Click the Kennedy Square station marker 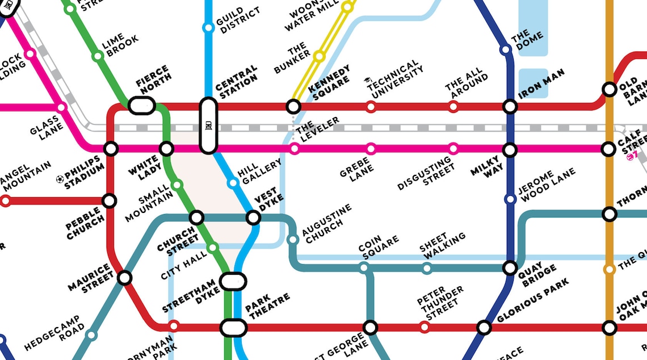click(x=293, y=106)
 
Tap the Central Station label click(x=236, y=83)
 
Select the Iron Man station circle click(x=510, y=106)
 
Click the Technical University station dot click(x=371, y=106)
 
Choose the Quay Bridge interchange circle click(x=510, y=268)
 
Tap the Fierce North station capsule click(x=142, y=105)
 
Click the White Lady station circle click(x=166, y=149)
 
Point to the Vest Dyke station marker click(x=253, y=217)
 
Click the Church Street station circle click(x=196, y=217)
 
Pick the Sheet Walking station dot click(x=427, y=268)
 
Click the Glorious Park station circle click(x=484, y=327)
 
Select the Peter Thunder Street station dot click(x=425, y=327)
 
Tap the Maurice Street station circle click(x=124, y=278)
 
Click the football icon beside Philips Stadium click(x=60, y=179)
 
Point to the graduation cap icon click(x=367, y=82)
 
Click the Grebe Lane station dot click(x=371, y=149)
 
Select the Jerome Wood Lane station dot click(x=510, y=199)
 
